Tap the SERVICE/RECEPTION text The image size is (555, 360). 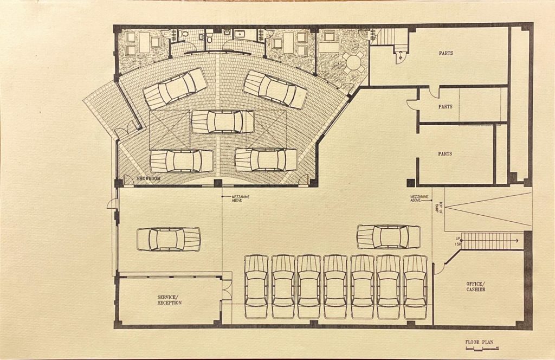click(170, 300)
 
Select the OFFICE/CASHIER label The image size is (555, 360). click(475, 286)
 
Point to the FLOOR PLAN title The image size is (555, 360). click(479, 343)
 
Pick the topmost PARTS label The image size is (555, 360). click(446, 53)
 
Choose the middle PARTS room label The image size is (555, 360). click(445, 107)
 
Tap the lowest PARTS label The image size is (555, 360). click(445, 154)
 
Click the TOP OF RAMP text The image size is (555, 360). click(438, 208)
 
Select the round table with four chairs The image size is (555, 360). click(353, 62)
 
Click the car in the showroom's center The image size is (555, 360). click(222, 121)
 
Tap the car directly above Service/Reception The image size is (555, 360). click(169, 239)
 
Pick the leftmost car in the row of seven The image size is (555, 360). click(256, 287)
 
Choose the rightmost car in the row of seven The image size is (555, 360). click(415, 287)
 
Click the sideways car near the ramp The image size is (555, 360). click(389, 237)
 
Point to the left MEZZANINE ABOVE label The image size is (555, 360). click(238, 200)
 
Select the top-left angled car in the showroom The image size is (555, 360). click(176, 88)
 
